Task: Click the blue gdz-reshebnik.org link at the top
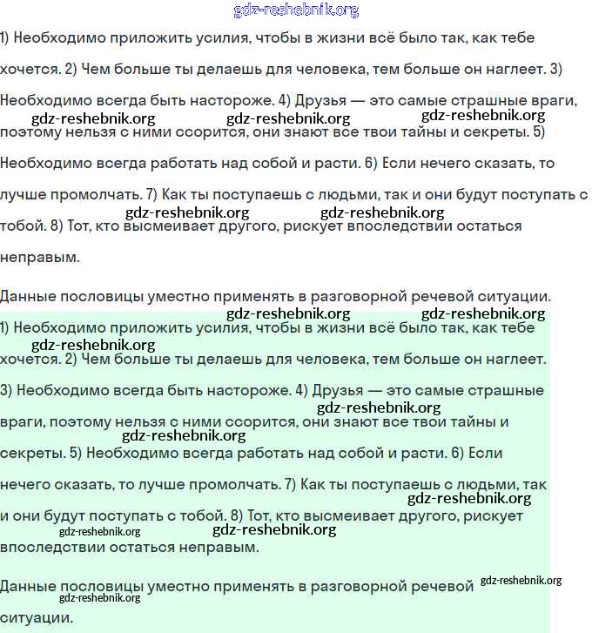click(296, 10)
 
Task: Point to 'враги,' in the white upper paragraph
click(552, 101)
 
